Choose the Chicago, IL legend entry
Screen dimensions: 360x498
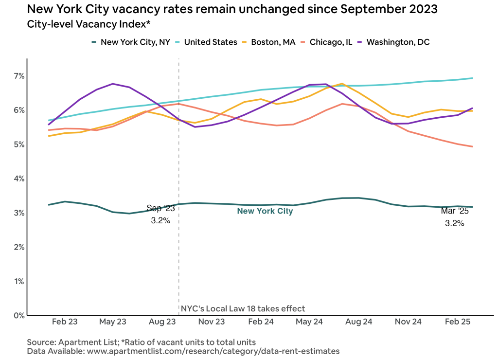point(328,42)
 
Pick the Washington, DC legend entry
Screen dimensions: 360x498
point(392,42)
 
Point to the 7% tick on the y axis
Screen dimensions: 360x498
point(19,76)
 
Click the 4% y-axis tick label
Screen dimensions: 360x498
point(19,179)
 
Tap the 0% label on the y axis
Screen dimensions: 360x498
point(19,315)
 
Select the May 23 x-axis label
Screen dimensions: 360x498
point(113,322)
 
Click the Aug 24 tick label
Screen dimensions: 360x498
point(360,322)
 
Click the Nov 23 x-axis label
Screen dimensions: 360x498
point(212,322)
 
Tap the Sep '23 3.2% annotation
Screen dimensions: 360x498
point(160,214)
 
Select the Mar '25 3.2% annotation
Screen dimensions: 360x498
point(454,217)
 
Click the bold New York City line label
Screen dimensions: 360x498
point(265,211)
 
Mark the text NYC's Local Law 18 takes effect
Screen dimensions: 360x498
point(243,308)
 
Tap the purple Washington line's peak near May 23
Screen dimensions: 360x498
point(113,84)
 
